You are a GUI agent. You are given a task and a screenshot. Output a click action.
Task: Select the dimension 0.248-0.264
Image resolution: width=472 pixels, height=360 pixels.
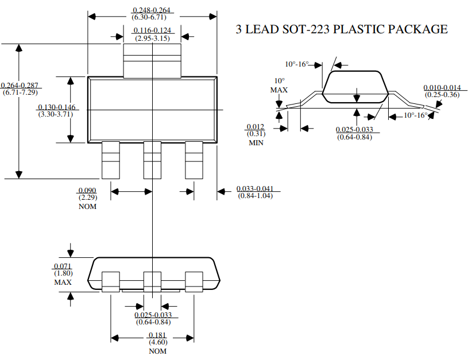(152, 10)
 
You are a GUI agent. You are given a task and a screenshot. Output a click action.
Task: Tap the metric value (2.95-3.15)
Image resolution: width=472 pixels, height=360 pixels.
(152, 38)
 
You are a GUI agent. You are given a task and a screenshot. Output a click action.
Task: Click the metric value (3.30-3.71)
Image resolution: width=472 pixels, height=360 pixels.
(55, 114)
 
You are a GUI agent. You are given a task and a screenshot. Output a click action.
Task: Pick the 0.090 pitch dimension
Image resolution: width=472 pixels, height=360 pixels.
(87, 190)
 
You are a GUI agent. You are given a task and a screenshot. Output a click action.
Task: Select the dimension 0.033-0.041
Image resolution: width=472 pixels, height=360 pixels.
(255, 189)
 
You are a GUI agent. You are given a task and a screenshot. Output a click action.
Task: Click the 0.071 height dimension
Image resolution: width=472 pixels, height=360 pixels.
(62, 266)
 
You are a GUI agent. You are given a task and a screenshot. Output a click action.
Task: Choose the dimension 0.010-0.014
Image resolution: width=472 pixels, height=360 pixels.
(442, 87)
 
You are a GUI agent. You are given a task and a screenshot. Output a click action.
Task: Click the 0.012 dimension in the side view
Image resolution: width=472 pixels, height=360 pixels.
(255, 127)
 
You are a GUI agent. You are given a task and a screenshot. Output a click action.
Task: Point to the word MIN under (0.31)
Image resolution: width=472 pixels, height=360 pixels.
(256, 142)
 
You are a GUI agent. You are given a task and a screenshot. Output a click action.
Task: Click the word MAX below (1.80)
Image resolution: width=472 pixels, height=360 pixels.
(63, 282)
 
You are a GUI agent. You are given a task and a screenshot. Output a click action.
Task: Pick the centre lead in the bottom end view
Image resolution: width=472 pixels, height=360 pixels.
(152, 281)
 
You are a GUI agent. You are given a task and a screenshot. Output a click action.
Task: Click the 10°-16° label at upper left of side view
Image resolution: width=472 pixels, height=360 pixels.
(297, 64)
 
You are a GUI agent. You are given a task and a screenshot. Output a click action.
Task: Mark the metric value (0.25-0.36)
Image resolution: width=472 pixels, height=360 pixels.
(442, 95)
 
